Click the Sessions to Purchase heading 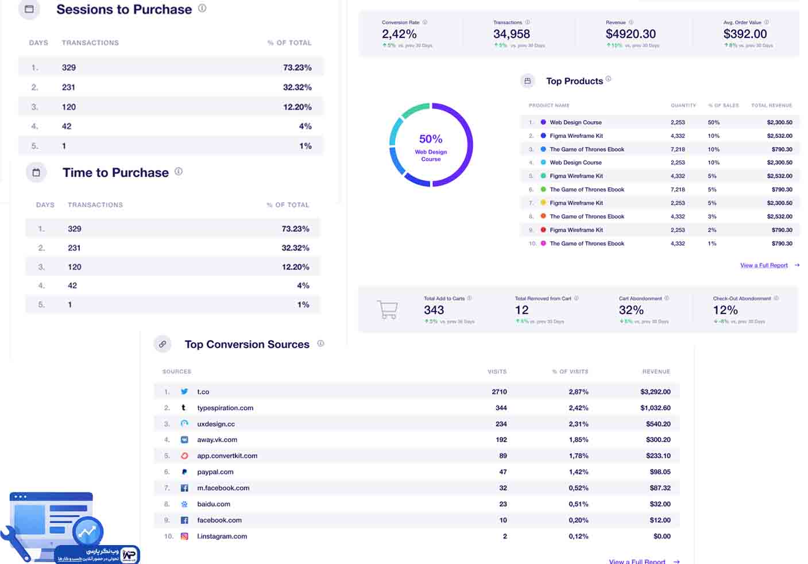click(123, 10)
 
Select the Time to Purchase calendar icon click(36, 172)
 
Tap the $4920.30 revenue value click(631, 34)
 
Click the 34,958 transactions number click(511, 34)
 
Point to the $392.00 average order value click(745, 34)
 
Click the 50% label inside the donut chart click(431, 139)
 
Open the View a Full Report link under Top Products click(764, 265)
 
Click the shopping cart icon click(388, 310)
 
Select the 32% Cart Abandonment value click(631, 310)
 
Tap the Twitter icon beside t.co click(184, 392)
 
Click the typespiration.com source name click(225, 408)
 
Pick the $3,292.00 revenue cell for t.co click(655, 392)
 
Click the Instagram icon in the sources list click(184, 536)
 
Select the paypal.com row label click(215, 472)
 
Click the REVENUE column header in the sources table click(656, 372)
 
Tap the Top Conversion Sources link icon click(163, 344)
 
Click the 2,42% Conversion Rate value click(399, 34)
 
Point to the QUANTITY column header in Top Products click(683, 106)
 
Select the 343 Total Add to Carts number click(434, 310)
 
